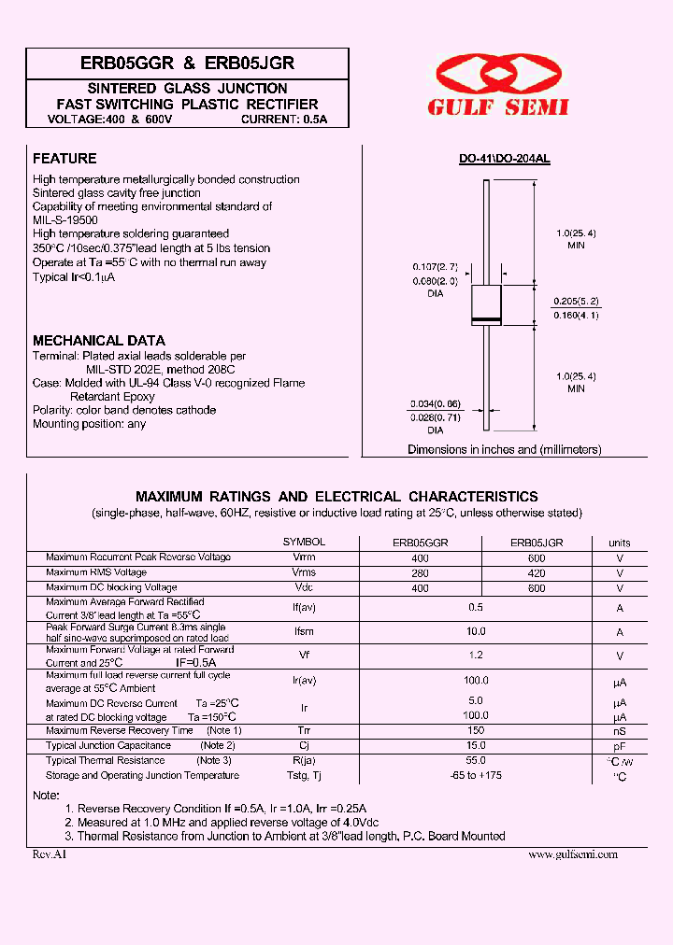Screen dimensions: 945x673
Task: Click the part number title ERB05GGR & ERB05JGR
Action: (x=187, y=63)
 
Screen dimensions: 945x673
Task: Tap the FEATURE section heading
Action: (x=64, y=159)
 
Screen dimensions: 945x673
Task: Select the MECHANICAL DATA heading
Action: (x=99, y=341)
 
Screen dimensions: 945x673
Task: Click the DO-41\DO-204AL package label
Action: (x=504, y=160)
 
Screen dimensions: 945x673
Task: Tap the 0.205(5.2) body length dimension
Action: (x=575, y=301)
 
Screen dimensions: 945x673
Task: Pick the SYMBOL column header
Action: (x=304, y=542)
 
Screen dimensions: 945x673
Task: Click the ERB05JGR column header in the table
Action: (x=536, y=542)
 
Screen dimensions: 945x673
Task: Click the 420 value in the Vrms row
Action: (x=536, y=572)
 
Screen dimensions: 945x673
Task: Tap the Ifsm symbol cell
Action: (x=304, y=632)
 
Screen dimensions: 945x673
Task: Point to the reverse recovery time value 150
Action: (x=477, y=730)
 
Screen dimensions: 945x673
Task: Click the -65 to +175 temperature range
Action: (x=477, y=775)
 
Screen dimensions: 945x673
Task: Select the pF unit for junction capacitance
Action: (x=619, y=746)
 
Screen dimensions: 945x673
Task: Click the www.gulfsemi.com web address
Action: (x=573, y=854)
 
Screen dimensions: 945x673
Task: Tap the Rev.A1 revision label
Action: (x=50, y=854)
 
